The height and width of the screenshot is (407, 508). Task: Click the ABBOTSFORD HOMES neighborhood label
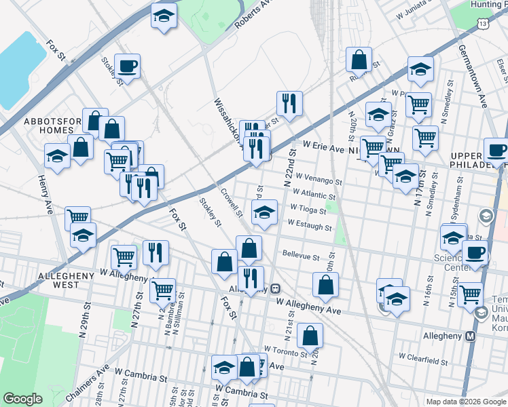[x=48, y=125]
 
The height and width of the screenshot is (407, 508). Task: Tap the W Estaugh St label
[x=310, y=224]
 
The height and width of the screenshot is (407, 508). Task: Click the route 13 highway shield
[x=483, y=23]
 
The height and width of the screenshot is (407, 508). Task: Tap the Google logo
[x=22, y=399]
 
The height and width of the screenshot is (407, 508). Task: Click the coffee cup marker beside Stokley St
[x=127, y=65]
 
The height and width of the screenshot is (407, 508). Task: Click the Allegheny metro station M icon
[x=470, y=336]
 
